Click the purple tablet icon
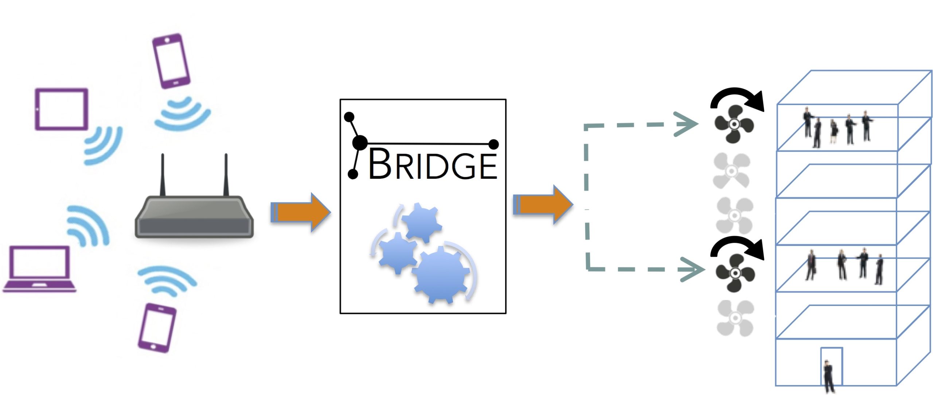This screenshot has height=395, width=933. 62,109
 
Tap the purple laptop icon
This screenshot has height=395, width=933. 39,269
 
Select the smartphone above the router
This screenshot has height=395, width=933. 171,61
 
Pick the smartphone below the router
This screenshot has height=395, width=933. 157,328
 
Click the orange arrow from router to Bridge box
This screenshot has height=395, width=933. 300,212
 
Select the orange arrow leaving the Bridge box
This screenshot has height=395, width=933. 543,205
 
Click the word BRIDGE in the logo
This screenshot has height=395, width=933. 433,164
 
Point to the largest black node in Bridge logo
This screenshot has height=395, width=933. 360,143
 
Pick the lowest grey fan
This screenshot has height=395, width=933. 735,318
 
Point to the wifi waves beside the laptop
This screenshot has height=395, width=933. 87,225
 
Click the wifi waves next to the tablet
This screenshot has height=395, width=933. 103,145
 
